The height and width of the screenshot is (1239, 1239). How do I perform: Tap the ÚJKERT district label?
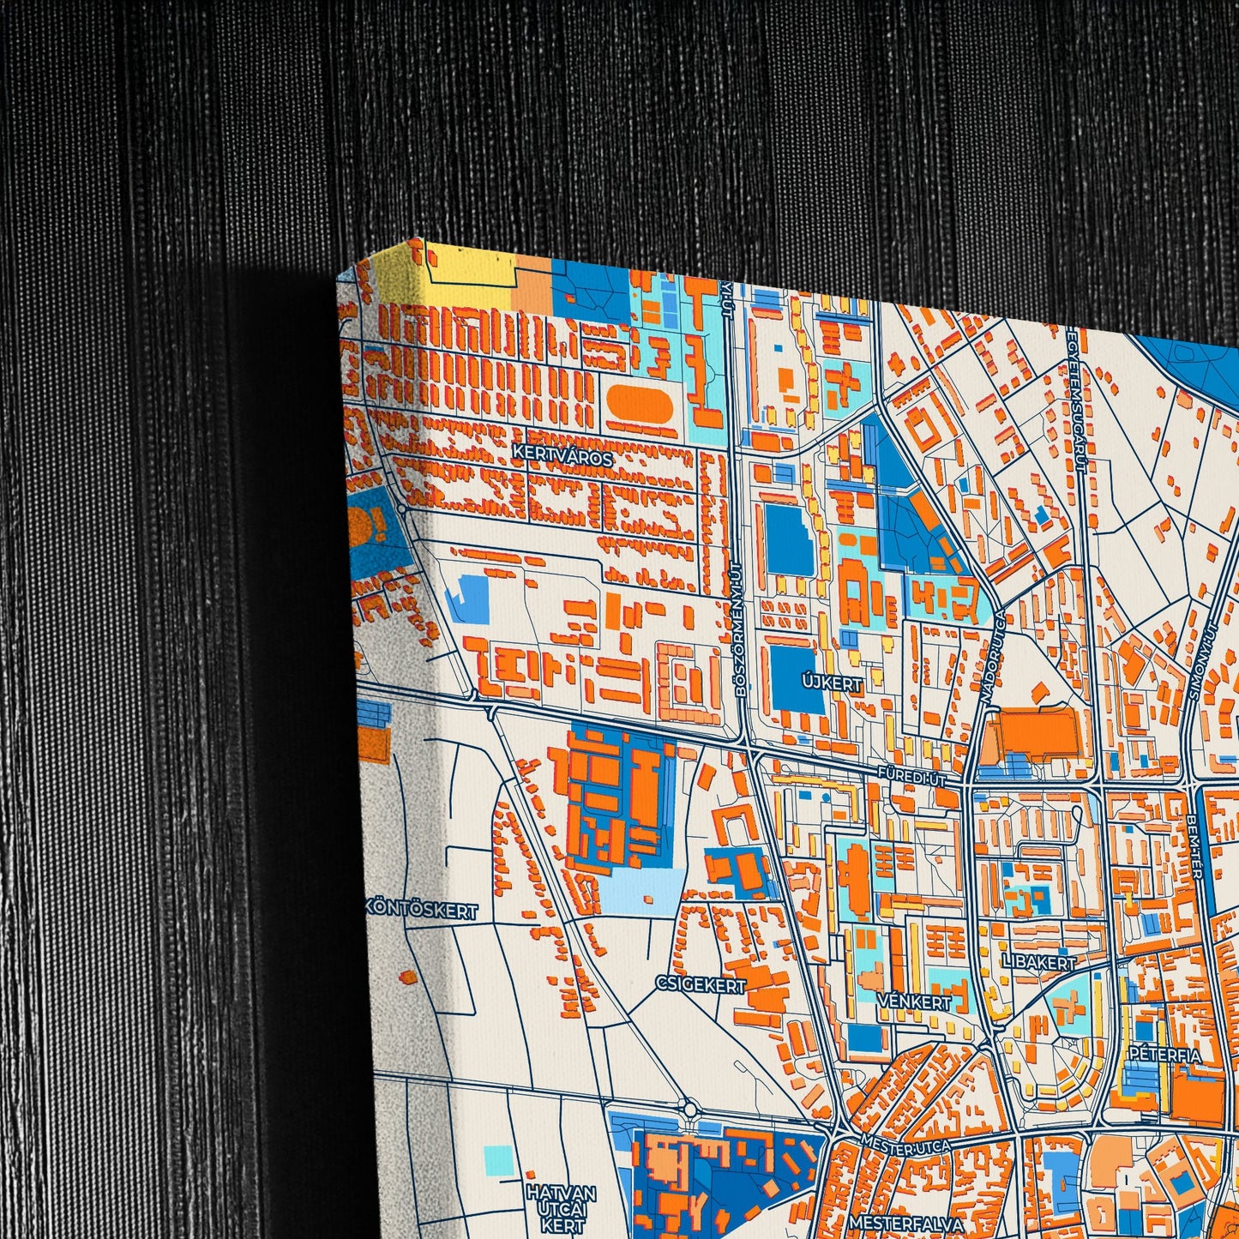point(831,683)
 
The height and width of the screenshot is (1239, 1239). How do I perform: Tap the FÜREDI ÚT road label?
point(911,776)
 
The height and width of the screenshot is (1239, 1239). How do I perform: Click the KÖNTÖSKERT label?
point(421,911)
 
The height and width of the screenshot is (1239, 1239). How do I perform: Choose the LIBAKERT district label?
point(1038,962)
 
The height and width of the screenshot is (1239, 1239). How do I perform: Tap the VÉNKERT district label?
point(914,1002)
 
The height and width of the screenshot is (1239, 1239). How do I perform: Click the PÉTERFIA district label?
point(1165,1054)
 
